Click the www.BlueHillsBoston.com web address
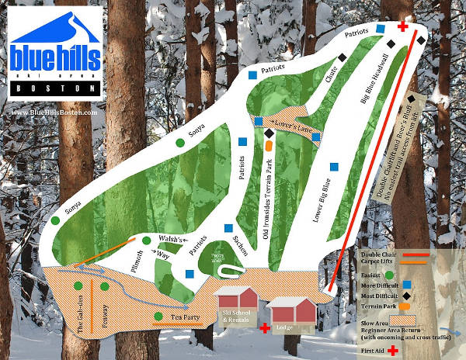pos(55,112)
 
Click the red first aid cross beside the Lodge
pos(265,330)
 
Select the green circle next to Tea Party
pos(158,317)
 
